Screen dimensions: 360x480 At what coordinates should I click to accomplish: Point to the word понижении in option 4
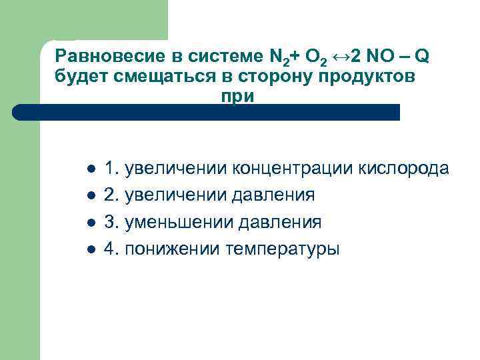173,249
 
